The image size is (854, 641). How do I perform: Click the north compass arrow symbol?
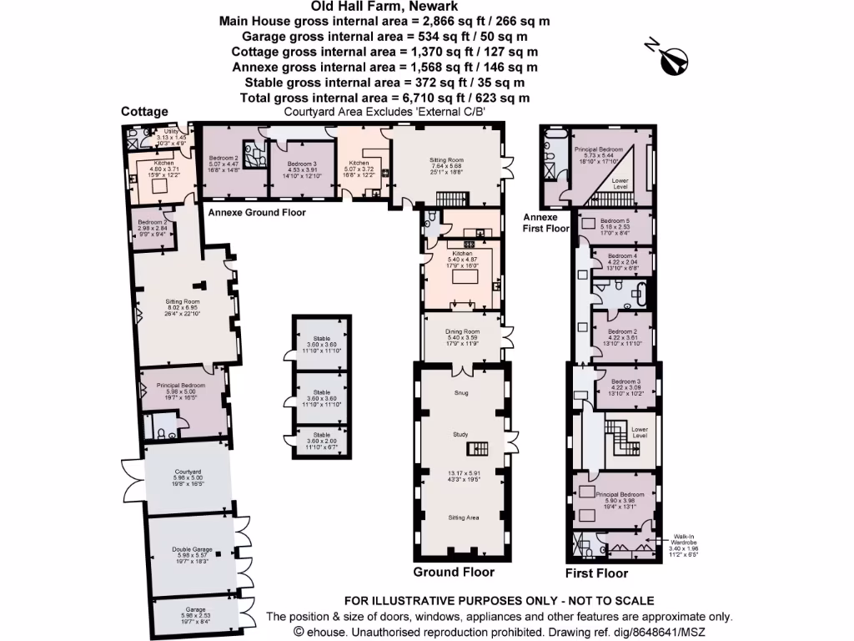(674, 60)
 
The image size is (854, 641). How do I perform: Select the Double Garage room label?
(192, 550)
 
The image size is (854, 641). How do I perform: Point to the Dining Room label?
(461, 331)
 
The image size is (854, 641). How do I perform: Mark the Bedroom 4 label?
(621, 256)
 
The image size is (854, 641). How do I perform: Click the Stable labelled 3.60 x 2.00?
(321, 435)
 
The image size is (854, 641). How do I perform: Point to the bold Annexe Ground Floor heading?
(256, 213)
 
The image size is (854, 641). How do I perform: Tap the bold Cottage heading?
(144, 111)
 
